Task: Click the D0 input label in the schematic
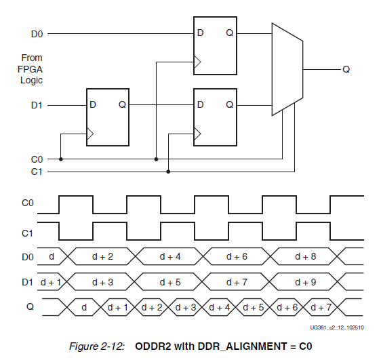(37, 34)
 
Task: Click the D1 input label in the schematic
(37, 106)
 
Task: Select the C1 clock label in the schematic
(37, 172)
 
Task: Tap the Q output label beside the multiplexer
(346, 70)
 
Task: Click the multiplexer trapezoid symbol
(287, 69)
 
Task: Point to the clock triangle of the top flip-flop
(197, 62)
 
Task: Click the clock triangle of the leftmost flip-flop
(90, 134)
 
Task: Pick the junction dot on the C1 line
(168, 172)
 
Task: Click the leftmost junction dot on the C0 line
(61, 159)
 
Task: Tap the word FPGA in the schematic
(30, 69)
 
